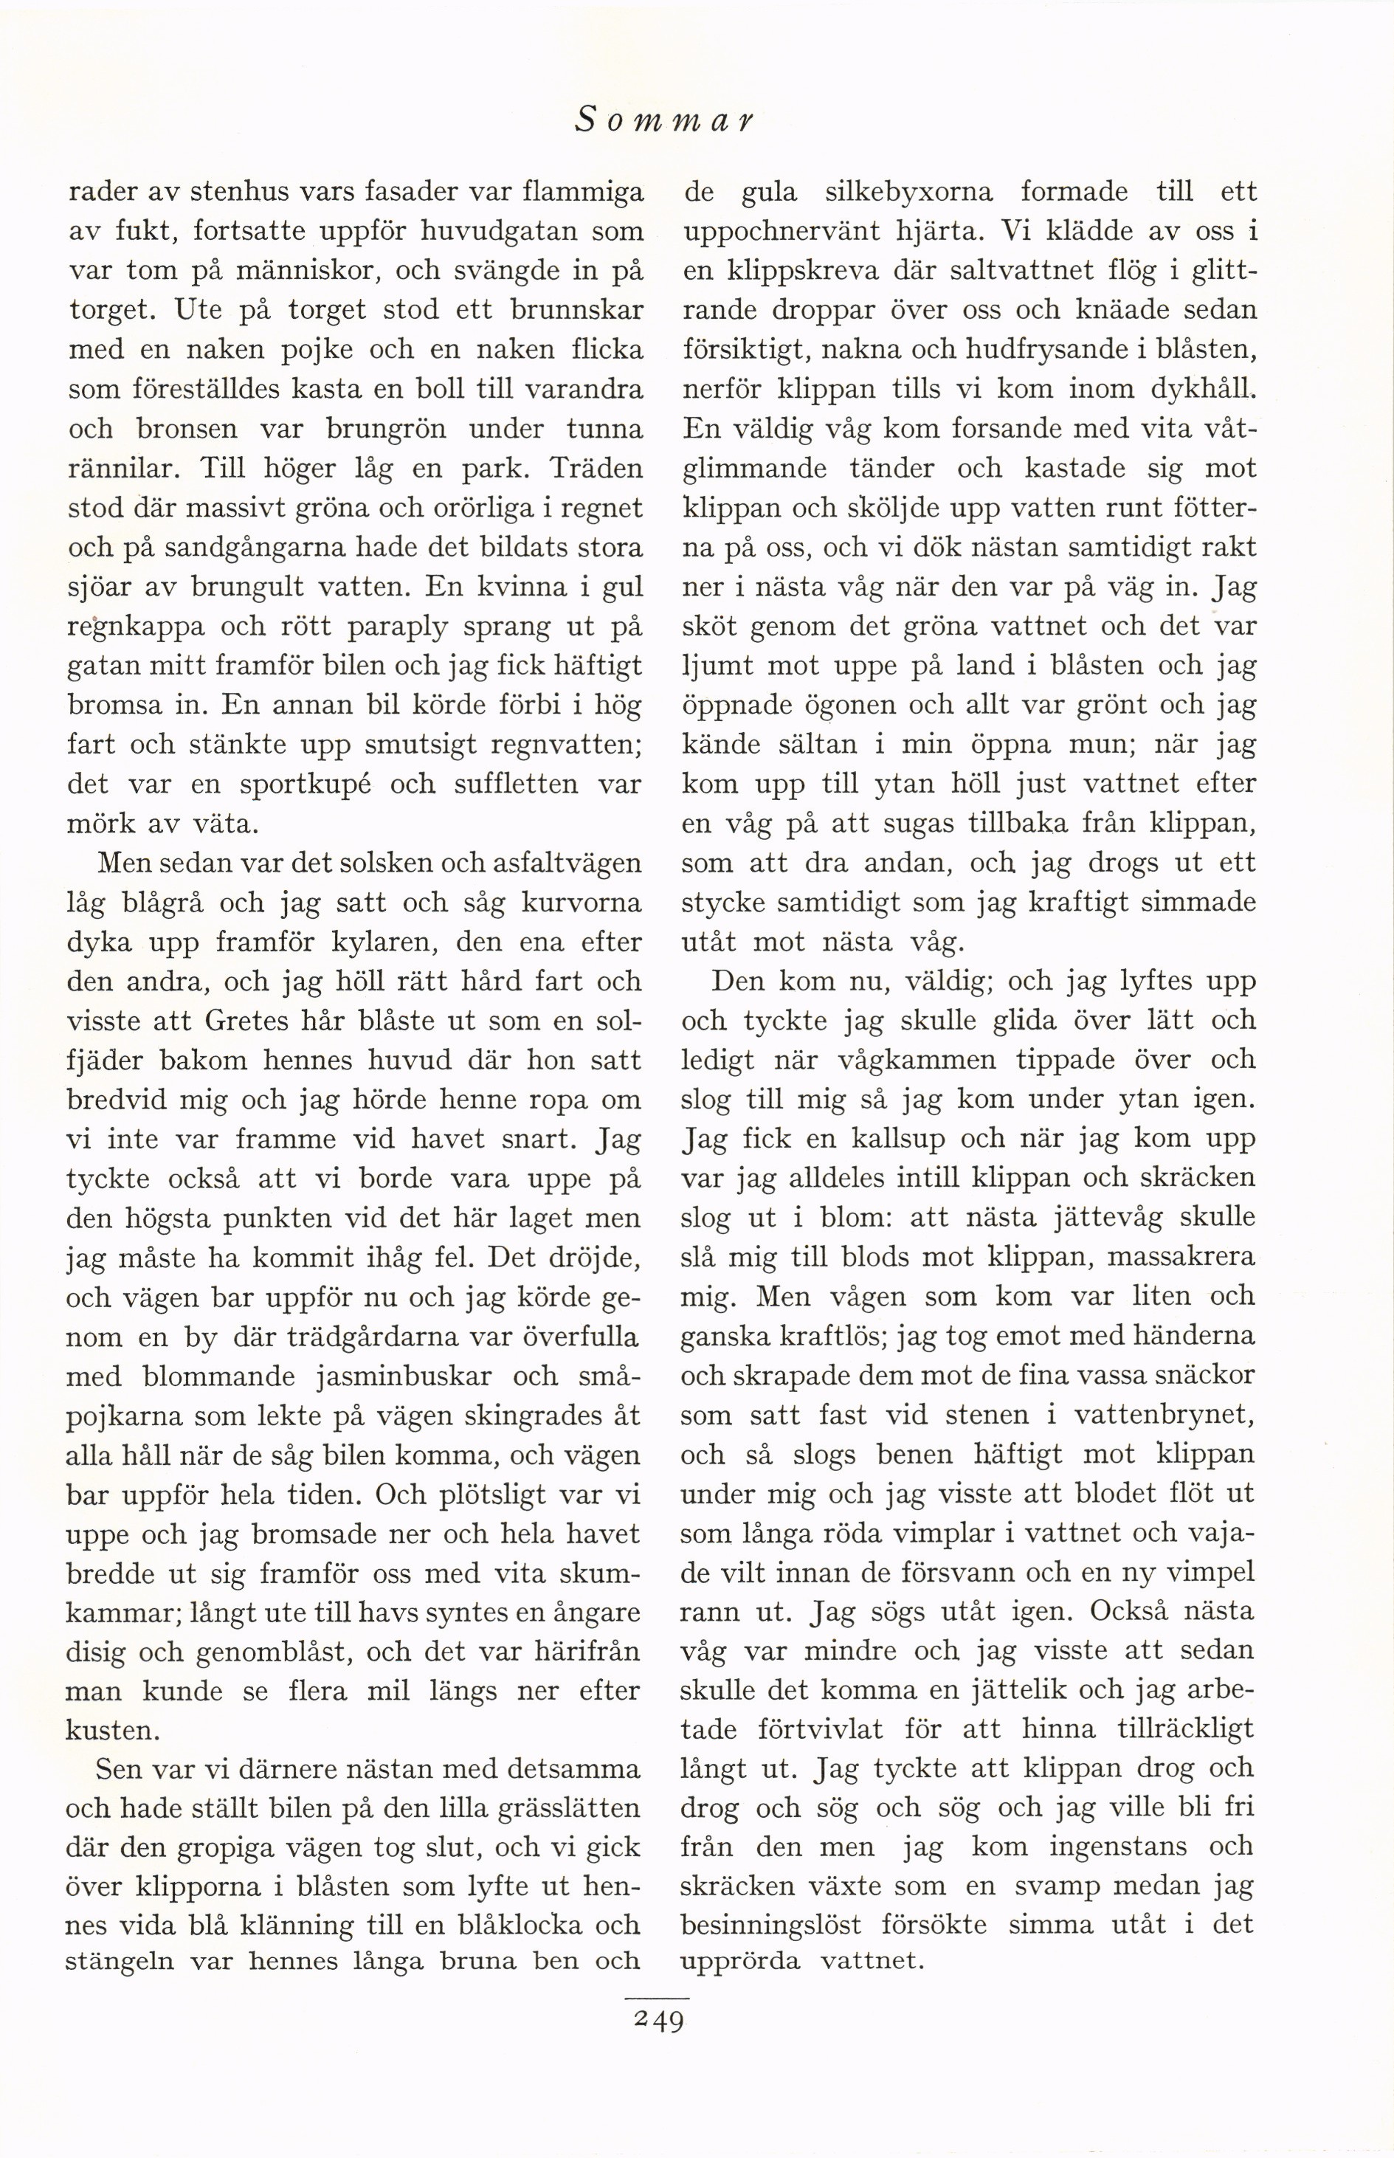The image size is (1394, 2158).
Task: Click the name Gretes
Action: pyautogui.click(x=247, y=1021)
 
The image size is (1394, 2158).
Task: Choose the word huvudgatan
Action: pyautogui.click(x=494, y=232)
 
